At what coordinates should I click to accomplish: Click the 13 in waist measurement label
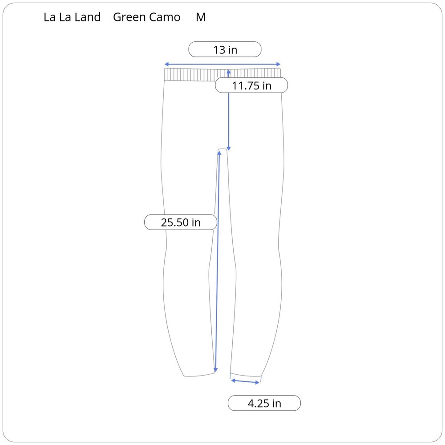pyautogui.click(x=225, y=49)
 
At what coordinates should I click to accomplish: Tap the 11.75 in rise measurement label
pyautogui.click(x=251, y=85)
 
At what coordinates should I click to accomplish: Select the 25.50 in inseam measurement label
pyautogui.click(x=181, y=222)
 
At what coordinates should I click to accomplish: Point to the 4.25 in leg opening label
pyautogui.click(x=264, y=403)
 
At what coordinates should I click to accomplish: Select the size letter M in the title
pyautogui.click(x=201, y=17)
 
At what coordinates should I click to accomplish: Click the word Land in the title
pyautogui.click(x=88, y=17)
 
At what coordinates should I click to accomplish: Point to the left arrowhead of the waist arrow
pyautogui.click(x=166, y=64)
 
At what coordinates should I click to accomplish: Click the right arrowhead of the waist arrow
pyautogui.click(x=279, y=64)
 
